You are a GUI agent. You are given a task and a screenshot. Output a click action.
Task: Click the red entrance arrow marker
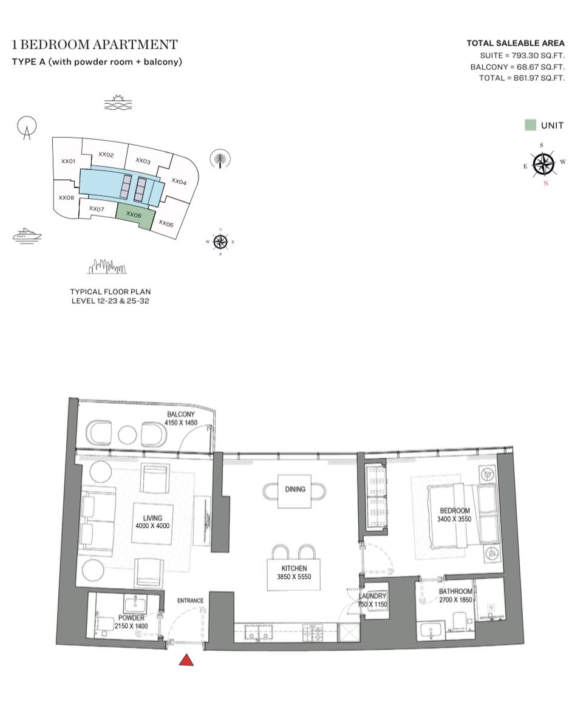[186, 660]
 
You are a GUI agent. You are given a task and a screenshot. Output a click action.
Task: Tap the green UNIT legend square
[530, 125]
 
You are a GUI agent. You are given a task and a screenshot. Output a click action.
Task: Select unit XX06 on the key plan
[135, 216]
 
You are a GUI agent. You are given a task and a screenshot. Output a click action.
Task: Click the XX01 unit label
[68, 161]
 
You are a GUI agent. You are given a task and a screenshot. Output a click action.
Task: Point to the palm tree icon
[220, 159]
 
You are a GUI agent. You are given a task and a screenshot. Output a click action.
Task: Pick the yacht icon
[27, 235]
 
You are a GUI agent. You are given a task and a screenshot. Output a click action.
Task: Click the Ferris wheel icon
[27, 127]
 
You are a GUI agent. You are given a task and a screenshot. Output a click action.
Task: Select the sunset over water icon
[118, 103]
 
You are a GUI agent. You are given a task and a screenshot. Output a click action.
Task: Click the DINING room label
[295, 489]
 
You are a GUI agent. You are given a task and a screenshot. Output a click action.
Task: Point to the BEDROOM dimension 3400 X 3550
[454, 519]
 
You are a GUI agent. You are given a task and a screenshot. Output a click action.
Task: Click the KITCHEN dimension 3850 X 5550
[294, 577]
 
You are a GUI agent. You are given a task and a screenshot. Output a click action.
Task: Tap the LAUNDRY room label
[372, 596]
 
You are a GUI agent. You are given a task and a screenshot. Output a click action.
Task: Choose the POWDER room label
[131, 618]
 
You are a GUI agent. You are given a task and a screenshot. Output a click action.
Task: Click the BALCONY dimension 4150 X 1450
[181, 423]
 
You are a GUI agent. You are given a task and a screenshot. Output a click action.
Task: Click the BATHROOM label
[455, 591]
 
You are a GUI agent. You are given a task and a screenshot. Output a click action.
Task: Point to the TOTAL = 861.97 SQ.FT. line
[522, 78]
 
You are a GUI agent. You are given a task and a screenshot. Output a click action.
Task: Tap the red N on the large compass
[545, 183]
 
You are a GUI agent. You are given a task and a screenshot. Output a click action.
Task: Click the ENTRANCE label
[190, 600]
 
